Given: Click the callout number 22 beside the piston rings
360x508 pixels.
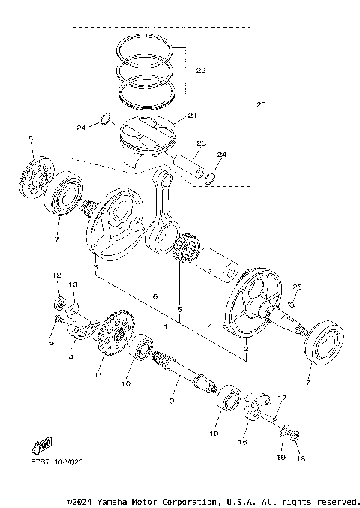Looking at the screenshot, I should coord(200,71).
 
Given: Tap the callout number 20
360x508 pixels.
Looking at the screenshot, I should coord(260,104).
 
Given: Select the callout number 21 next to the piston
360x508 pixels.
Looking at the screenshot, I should coord(191,116).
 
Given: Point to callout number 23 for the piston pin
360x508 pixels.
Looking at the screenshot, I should coord(201,143).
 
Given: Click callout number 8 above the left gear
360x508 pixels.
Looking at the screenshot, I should coord(31,138).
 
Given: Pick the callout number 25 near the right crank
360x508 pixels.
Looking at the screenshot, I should coord(297,287).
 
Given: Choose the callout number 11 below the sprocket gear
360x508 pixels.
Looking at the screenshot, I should coord(97,373).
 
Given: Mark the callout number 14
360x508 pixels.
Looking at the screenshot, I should coord(70,357).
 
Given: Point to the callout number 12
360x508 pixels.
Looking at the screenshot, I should coord(55,276).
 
